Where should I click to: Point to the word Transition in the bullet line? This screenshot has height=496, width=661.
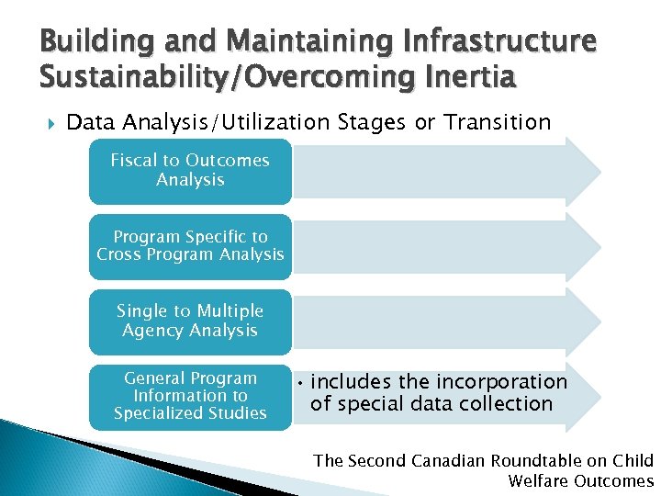click(497, 122)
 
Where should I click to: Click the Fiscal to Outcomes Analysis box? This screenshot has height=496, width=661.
click(190, 171)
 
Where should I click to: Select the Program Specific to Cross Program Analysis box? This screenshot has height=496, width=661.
click(190, 246)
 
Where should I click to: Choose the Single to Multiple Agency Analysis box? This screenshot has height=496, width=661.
click(190, 321)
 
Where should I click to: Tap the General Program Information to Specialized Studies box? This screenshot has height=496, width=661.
click(190, 396)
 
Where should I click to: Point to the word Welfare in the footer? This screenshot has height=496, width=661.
click(537, 481)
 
